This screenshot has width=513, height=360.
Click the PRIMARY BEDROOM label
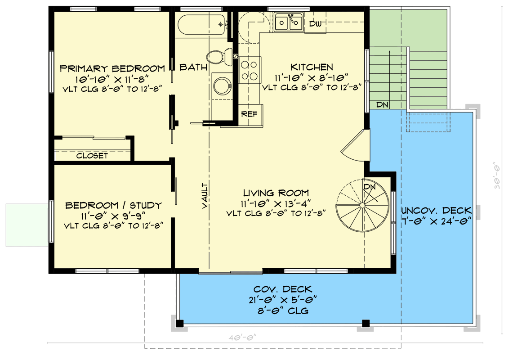click(112, 69)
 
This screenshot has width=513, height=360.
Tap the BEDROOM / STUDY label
click(113, 206)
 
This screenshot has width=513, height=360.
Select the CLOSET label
click(92, 156)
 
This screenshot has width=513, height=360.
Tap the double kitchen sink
click(289, 22)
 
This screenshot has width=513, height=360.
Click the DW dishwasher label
click(316, 24)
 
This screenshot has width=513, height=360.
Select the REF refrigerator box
click(249, 114)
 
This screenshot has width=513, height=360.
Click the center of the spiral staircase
click(362, 206)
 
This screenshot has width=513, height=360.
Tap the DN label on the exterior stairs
click(382, 105)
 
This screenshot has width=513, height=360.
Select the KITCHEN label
click(312, 67)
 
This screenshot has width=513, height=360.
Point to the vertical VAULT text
click(205, 195)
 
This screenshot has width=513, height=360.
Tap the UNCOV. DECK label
click(436, 210)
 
